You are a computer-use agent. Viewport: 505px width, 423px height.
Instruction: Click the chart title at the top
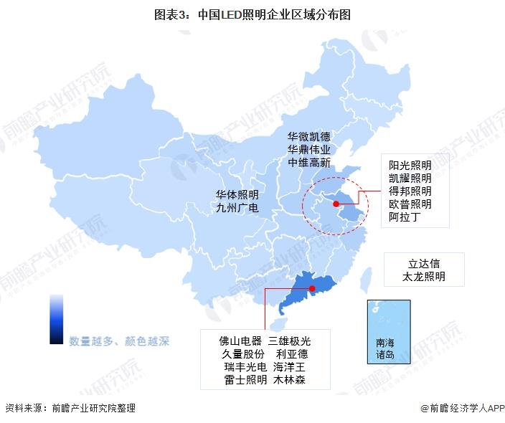[x=252, y=14]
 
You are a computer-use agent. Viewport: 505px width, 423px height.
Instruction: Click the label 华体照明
[x=237, y=195]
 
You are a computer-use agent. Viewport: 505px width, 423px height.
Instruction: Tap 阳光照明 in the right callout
[x=410, y=165]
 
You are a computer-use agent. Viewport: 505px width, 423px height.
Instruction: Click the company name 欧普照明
[x=410, y=204]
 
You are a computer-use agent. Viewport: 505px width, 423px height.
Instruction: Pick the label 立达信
[x=424, y=263]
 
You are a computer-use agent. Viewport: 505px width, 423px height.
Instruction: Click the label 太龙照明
[x=424, y=276]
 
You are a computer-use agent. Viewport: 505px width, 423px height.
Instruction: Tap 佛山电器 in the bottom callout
[x=242, y=341]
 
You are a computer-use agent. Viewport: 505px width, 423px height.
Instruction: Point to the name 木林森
[x=289, y=380]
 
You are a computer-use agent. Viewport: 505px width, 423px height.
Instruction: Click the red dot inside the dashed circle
[x=335, y=204]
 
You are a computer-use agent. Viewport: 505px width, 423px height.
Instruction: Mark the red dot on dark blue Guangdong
[x=312, y=288]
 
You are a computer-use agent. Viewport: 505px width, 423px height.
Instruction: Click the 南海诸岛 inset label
[x=385, y=348]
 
